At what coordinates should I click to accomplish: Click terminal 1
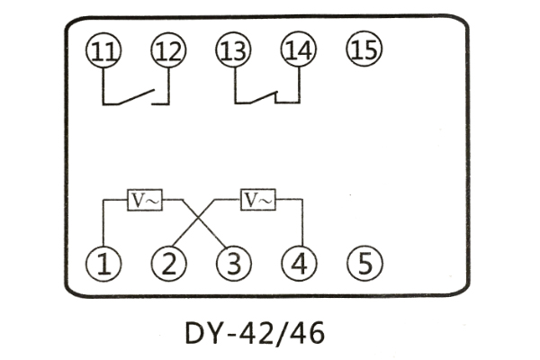103,264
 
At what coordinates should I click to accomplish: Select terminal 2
168,264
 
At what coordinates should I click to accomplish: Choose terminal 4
299,264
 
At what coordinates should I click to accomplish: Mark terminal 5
364,264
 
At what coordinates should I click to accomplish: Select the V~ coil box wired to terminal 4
258,200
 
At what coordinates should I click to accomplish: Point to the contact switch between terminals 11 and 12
137,94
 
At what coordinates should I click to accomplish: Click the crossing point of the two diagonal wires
201,219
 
